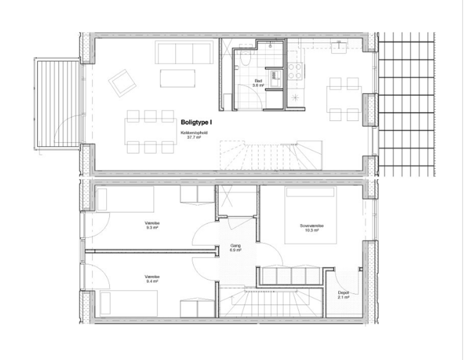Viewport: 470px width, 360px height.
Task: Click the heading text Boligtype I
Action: point(197,123)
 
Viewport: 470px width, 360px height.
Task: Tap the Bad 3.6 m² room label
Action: point(258,83)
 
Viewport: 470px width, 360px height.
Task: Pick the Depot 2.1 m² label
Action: point(343,295)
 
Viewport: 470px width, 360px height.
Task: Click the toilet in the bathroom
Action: point(245,59)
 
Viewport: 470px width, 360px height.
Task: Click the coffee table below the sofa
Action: point(178,78)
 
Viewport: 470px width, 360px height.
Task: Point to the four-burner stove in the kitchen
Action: point(295,71)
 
